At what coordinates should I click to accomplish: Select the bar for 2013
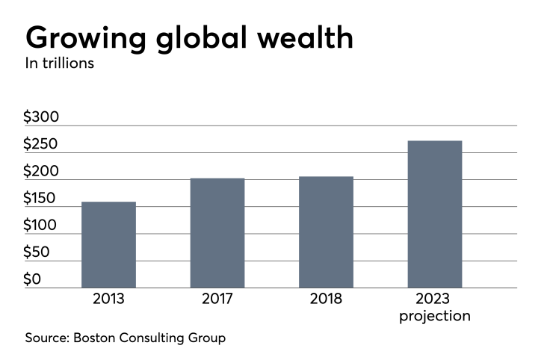[108, 244]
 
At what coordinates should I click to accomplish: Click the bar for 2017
[217, 232]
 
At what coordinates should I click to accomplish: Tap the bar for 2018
[326, 232]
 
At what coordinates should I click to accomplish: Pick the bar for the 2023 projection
[435, 214]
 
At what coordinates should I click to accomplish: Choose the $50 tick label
[39, 252]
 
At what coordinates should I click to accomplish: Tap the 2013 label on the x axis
[108, 300]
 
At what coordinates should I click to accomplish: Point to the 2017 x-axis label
[217, 300]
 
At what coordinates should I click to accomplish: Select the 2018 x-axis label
[326, 300]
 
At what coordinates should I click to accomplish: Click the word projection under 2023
[435, 316]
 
